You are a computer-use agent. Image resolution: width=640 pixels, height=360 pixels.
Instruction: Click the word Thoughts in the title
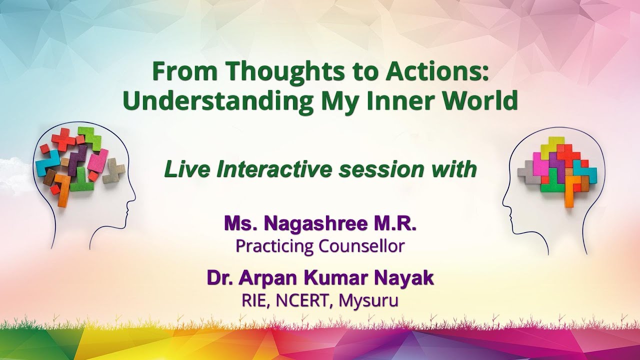(x=267, y=72)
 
